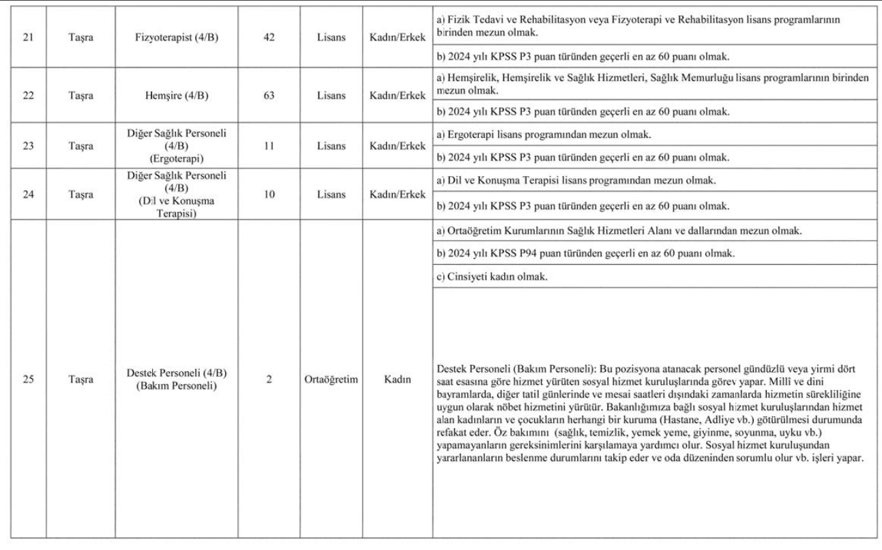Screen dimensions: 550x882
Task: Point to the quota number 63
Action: pyautogui.click(x=269, y=96)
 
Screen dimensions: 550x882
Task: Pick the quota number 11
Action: pyautogui.click(x=269, y=145)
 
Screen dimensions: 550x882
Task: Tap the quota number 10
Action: pyautogui.click(x=269, y=194)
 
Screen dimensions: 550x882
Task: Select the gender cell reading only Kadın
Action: pyautogui.click(x=397, y=379)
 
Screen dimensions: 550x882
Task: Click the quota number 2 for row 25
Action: pyautogui.click(x=269, y=379)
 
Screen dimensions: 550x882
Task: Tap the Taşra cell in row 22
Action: pyautogui.click(x=80, y=96)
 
